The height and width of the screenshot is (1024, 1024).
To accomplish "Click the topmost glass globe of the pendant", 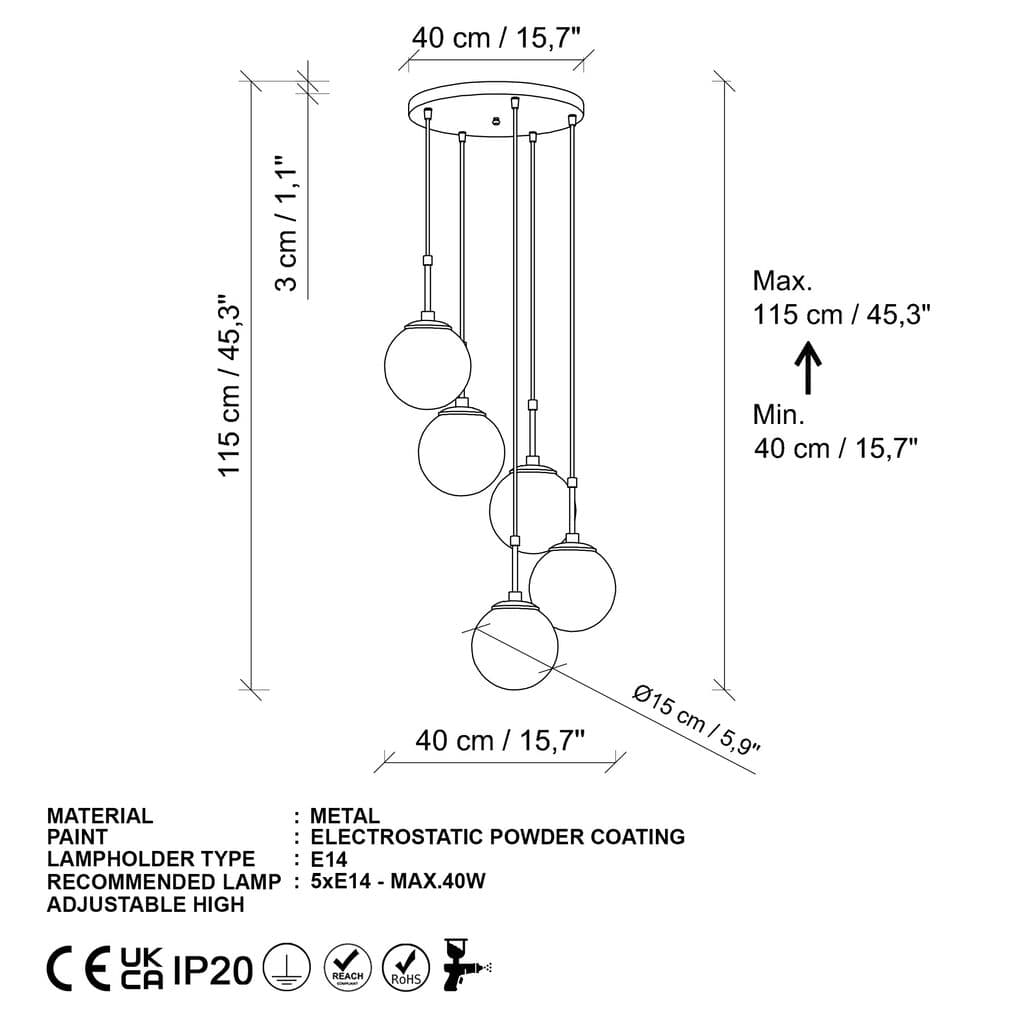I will click(427, 366).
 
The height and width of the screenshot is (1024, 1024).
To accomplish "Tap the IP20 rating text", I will click(213, 969).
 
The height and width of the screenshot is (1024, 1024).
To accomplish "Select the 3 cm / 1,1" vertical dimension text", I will click(287, 223).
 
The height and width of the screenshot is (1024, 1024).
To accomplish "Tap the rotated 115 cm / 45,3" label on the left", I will click(231, 385).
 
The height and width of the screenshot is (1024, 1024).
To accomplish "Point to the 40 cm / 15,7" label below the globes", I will click(500, 740).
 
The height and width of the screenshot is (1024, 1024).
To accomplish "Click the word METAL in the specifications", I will click(345, 816).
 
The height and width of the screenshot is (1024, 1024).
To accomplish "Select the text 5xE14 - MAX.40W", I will click(398, 881).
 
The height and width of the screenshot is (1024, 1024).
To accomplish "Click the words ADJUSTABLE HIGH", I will click(145, 904).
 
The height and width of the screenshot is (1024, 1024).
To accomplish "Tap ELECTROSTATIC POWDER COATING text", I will click(498, 837).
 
